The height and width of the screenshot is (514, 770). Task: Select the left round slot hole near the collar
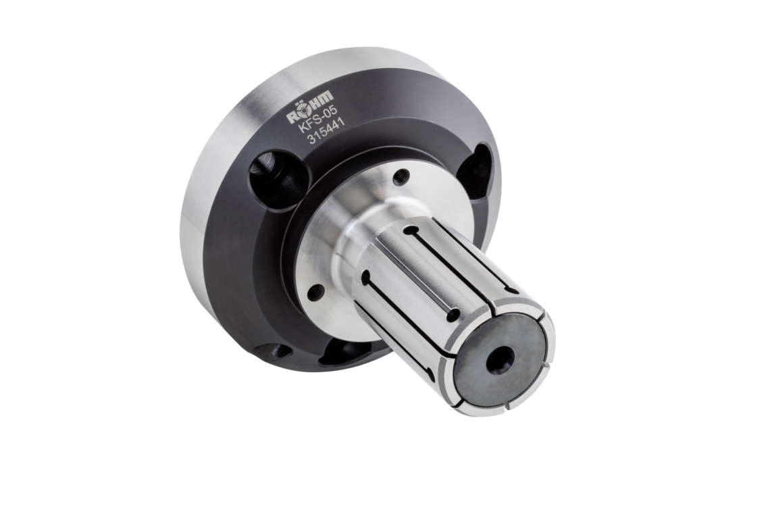[x=365, y=276]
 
